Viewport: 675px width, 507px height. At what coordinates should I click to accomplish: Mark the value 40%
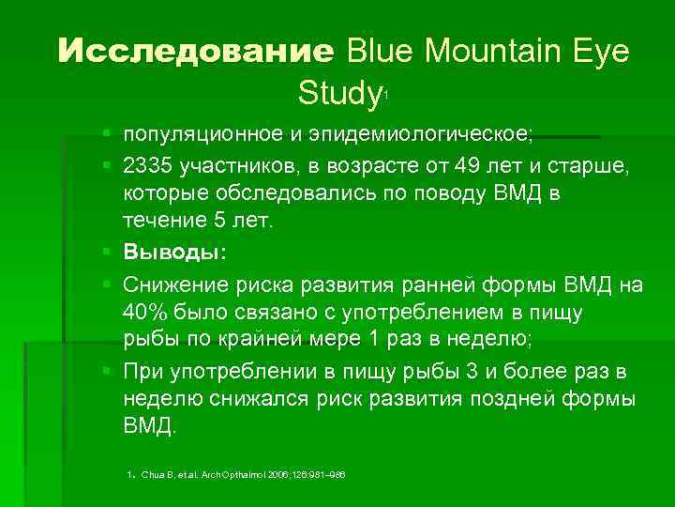pyautogui.click(x=143, y=313)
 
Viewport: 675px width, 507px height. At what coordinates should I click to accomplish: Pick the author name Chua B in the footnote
pyautogui.click(x=150, y=475)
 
